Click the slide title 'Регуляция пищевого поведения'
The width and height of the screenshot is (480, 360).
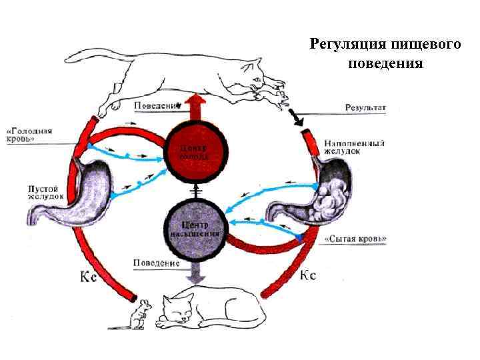pos(385,53)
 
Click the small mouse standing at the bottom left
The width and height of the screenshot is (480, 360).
pos(137,314)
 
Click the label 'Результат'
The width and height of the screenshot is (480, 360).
pos(366,107)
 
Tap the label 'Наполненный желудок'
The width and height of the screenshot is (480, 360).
pos(353,147)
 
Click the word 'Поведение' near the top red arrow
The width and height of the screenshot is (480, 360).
pos(157,106)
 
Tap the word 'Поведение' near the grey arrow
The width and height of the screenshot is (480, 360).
pos(157,263)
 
